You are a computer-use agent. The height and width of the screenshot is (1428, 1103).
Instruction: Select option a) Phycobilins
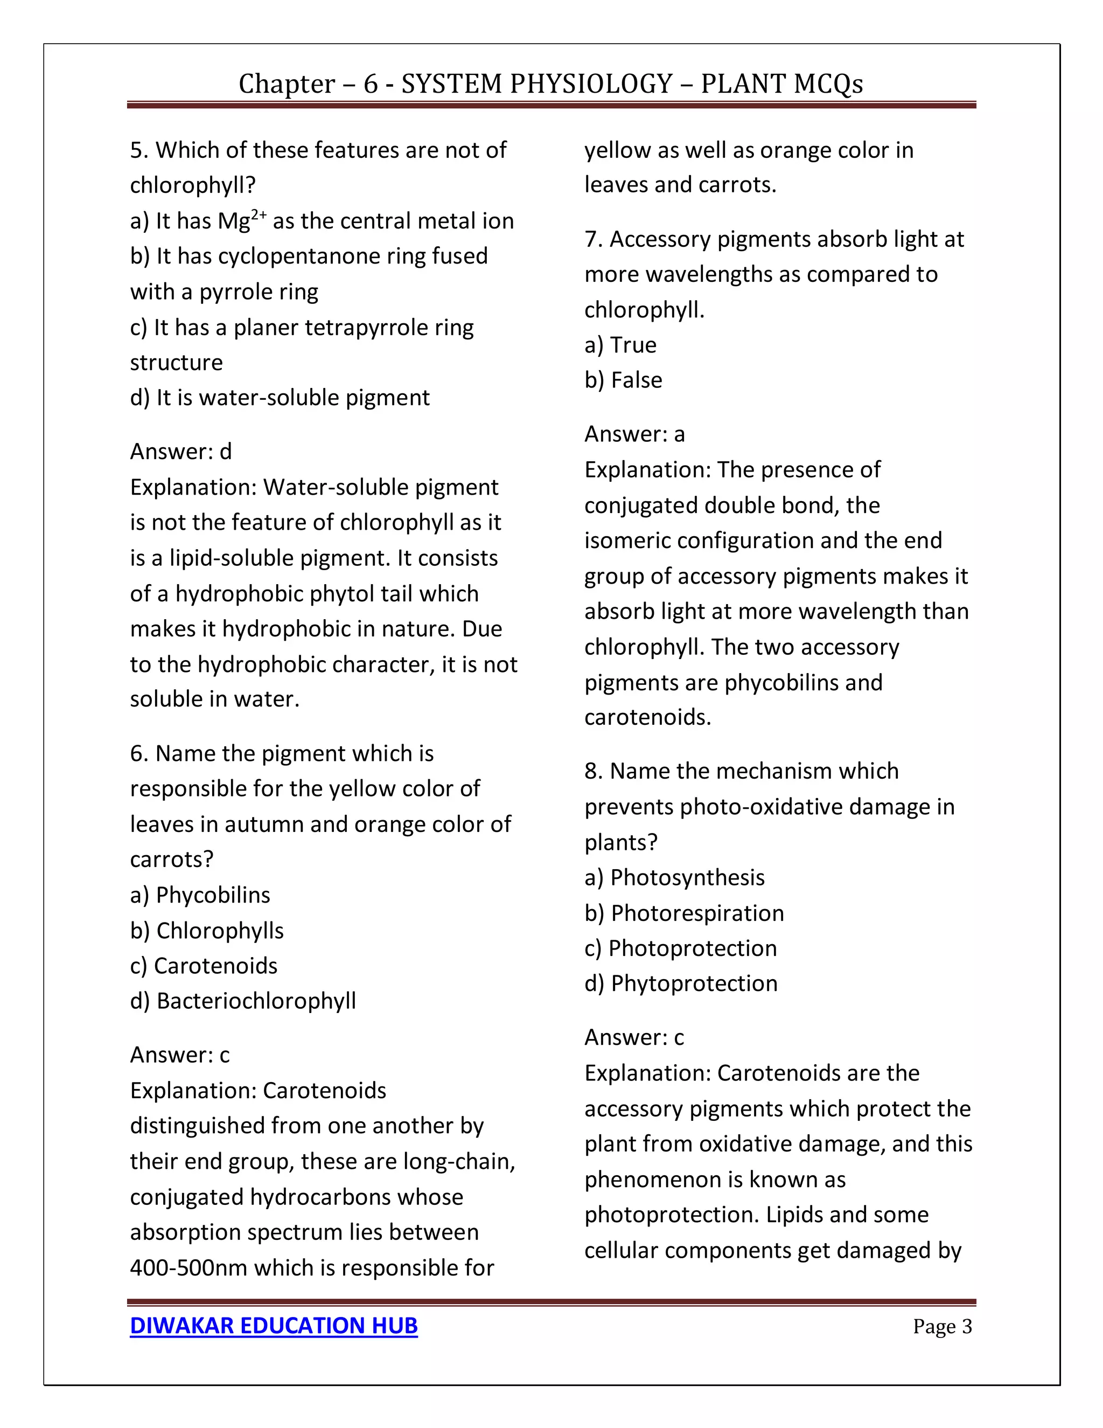coord(200,895)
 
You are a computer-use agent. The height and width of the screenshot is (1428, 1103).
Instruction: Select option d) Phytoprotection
coord(681,983)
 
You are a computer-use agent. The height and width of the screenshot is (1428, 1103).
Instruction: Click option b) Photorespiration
coord(683,913)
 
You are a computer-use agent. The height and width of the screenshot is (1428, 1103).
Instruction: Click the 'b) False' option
coord(623,380)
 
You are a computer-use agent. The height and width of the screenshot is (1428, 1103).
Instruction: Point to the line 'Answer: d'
coord(181,451)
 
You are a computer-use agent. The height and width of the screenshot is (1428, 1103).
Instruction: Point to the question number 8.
coord(592,771)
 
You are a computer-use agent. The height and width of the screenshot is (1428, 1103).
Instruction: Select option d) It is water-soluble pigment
coord(280,398)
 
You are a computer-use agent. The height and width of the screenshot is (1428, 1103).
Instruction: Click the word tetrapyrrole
coord(364,327)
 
